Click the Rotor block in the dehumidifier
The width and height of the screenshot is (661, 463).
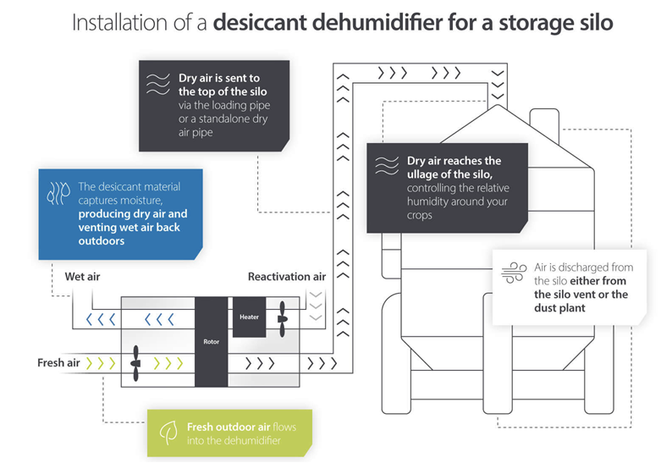212,342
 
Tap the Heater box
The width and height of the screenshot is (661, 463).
249,317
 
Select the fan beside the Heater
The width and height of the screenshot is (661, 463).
282,319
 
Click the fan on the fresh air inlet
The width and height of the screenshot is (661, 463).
135,363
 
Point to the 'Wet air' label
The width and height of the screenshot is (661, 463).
82,277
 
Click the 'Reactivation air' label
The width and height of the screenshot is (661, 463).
287,277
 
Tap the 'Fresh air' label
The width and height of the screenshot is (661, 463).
58,362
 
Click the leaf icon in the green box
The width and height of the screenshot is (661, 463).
168,433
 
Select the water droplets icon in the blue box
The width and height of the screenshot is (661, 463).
58,194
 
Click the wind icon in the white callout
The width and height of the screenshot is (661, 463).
514,273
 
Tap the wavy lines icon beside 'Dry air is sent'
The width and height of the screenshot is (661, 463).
157,85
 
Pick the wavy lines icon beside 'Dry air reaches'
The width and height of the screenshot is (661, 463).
387,166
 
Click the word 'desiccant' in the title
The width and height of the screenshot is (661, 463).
260,22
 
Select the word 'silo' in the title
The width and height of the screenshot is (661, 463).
595,22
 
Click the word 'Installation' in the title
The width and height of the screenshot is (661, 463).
119,22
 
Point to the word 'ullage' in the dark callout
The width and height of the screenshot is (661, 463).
421,174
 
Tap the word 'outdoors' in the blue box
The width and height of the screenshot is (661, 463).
102,240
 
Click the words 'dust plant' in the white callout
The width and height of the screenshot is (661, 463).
559,308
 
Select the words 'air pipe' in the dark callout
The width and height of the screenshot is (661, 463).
196,132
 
